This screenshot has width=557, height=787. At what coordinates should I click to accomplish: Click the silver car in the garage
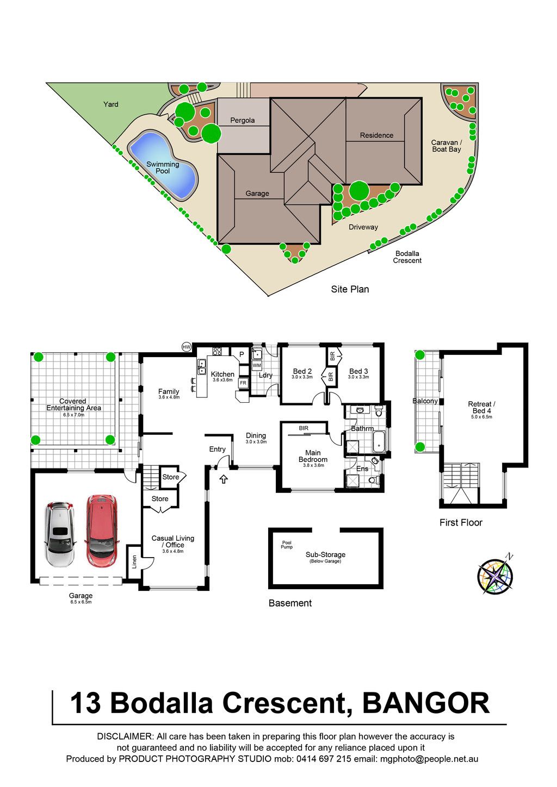(60, 534)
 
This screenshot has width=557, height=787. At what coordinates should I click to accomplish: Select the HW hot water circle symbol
(187, 347)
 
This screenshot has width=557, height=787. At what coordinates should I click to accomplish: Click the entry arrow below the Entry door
(224, 479)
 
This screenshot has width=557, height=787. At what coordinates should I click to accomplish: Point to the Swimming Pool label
(163, 167)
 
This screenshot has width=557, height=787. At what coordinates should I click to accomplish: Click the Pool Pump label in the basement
(287, 545)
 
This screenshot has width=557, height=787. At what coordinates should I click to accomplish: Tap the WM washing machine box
(257, 365)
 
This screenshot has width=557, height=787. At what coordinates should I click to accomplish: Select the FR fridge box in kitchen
(243, 383)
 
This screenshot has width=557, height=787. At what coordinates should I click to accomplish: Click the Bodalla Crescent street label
(407, 257)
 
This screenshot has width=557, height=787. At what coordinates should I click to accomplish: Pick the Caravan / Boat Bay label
(446, 146)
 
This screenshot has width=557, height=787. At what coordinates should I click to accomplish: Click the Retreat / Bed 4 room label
(481, 407)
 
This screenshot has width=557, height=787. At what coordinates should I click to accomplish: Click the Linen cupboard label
(134, 562)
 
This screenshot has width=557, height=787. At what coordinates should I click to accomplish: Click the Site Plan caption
(350, 289)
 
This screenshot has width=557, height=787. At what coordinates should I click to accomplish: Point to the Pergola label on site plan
(242, 120)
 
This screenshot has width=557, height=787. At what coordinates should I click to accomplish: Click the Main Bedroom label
(313, 456)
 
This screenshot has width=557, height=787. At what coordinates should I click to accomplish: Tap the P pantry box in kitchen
(242, 354)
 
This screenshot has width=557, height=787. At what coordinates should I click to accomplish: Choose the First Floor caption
(461, 522)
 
